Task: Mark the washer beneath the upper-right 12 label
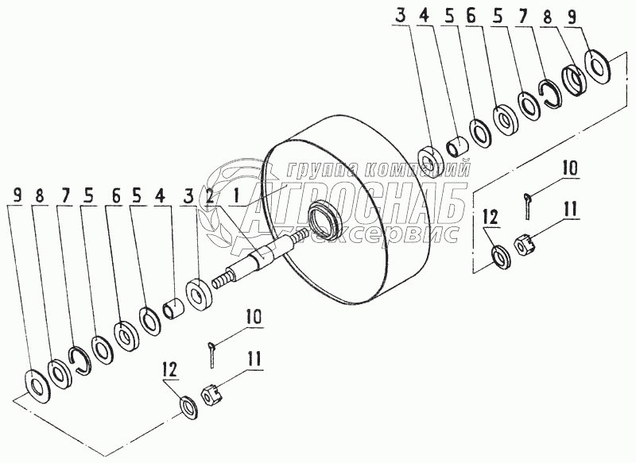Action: (500, 256)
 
